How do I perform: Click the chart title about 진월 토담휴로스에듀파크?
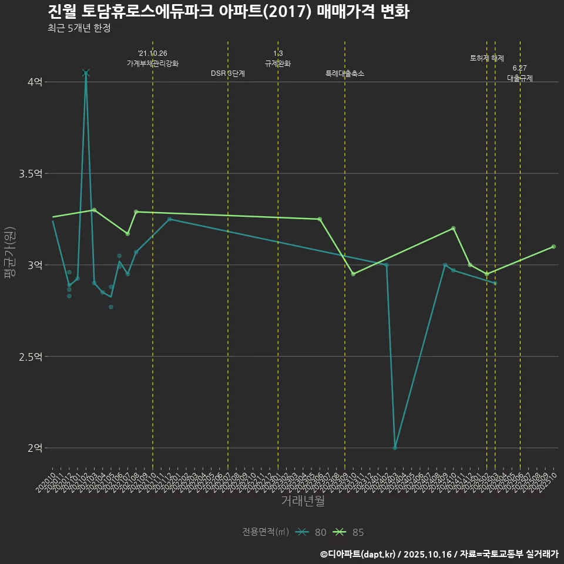coord(228,11)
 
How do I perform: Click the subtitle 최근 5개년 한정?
coord(79,28)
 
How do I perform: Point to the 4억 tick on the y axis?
coord(35,82)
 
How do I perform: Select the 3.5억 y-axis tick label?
coord(31,174)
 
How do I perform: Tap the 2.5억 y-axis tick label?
coord(31,357)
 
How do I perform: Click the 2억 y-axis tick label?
coord(35,448)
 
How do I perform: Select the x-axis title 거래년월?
coord(303,501)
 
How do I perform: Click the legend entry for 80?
coord(311,532)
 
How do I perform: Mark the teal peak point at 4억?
coord(86,73)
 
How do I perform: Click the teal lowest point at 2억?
coord(395,448)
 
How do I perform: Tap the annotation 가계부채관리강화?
coord(153,63)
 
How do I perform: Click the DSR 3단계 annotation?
coord(228,73)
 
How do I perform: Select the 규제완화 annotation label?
coord(278,63)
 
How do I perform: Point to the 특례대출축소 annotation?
coord(345,73)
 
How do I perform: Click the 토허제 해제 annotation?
coord(487,58)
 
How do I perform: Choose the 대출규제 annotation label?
coord(520,78)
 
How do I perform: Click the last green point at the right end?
coord(553,247)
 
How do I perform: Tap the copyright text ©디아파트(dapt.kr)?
coord(358,554)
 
